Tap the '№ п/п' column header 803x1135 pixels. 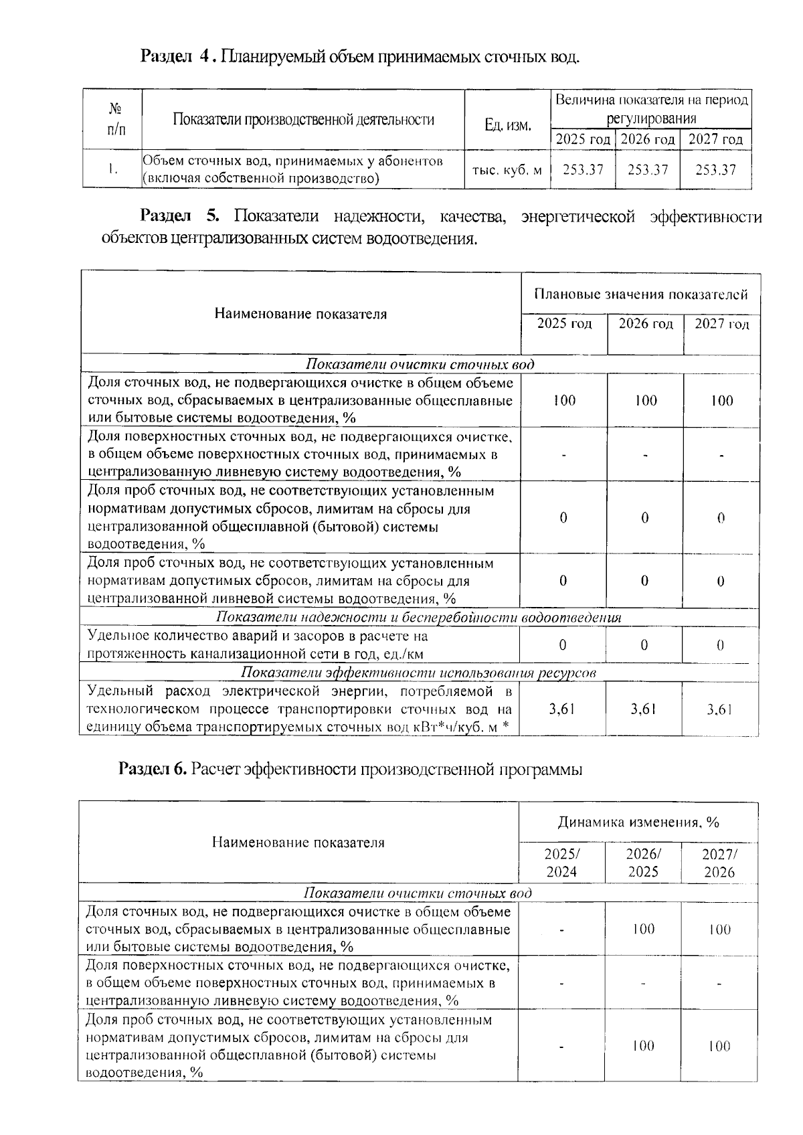[x=115, y=118]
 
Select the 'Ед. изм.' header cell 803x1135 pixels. [x=508, y=125]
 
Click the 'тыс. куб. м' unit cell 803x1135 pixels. [x=507, y=171]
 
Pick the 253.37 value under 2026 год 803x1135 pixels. [x=648, y=170]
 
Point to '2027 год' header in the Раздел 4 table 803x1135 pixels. [x=715, y=140]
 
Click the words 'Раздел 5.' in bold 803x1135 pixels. [x=179, y=217]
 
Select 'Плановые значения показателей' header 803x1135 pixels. [x=640, y=294]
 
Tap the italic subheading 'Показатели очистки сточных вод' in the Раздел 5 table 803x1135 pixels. [x=420, y=365]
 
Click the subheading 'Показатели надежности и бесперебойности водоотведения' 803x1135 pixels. [x=419, y=618]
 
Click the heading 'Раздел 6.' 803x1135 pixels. [x=152, y=770]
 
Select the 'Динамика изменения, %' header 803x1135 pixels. [x=638, y=822]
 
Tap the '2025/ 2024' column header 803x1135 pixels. [x=561, y=863]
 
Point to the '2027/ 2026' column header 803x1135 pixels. [x=719, y=863]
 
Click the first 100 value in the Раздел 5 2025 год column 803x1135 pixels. [x=564, y=401]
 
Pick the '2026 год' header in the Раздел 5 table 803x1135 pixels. [x=645, y=325]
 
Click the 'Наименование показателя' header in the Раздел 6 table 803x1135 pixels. [x=298, y=843]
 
